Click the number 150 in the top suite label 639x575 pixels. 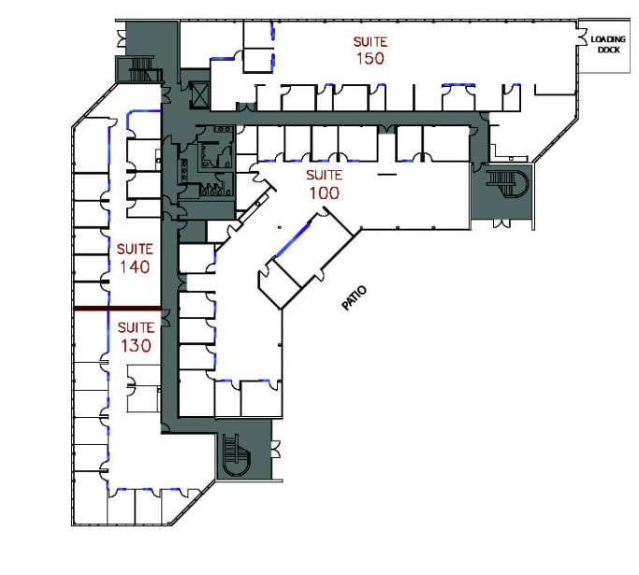[370, 58]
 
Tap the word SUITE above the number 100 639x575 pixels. [324, 176]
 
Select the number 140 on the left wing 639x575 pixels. [135, 266]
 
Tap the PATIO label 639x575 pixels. [354, 297]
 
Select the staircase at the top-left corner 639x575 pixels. [139, 69]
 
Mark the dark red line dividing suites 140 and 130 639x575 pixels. [117, 309]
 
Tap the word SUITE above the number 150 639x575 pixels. [370, 41]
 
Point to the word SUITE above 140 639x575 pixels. [135, 250]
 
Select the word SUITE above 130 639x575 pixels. [135, 327]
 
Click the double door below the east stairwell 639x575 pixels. [503, 223]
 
